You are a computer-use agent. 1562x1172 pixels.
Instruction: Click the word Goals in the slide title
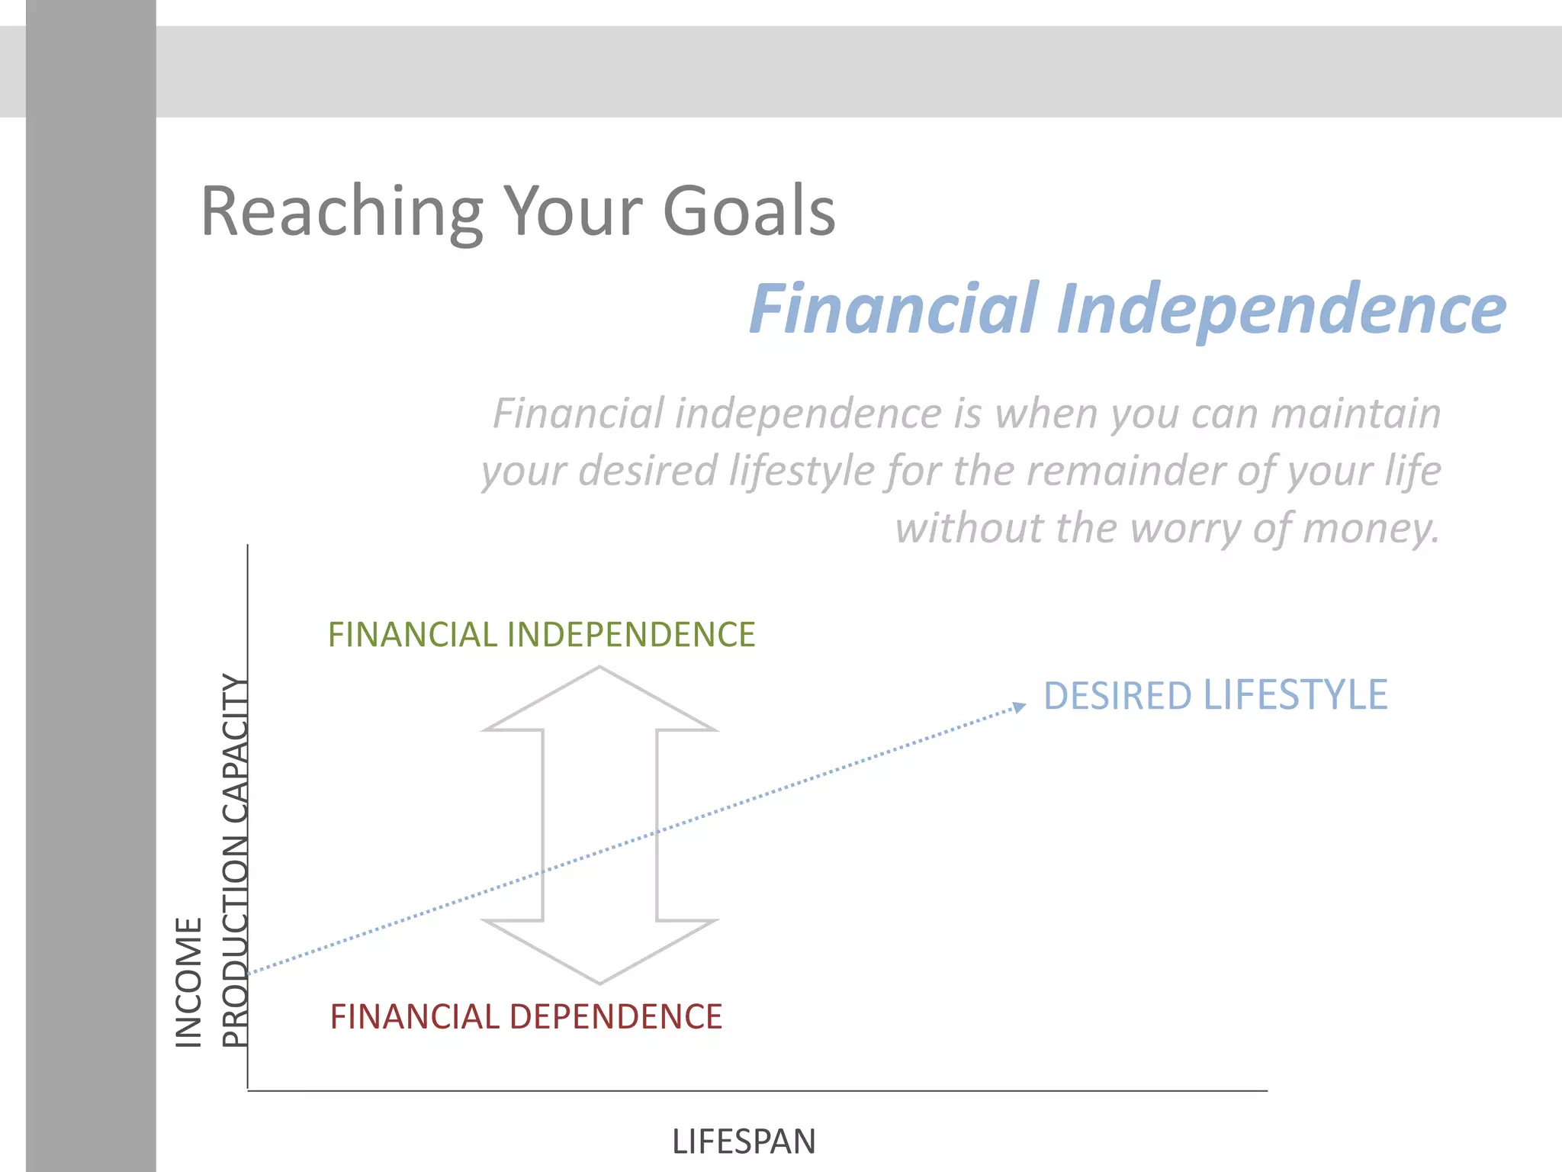point(749,211)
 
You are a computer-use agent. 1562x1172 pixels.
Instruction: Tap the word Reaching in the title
point(341,211)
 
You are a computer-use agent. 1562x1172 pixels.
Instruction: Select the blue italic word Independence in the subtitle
point(1281,308)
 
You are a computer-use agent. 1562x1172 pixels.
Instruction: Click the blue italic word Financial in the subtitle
point(894,308)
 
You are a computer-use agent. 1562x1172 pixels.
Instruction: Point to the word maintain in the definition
point(1355,414)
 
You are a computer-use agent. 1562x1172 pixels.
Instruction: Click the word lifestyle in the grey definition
point(801,471)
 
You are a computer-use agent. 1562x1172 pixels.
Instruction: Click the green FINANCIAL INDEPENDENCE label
point(541,635)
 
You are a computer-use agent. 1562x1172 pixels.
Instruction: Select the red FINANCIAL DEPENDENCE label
point(525,1017)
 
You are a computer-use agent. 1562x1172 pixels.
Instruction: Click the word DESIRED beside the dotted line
point(1117,696)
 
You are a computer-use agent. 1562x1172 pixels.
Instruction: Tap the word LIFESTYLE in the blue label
point(1295,695)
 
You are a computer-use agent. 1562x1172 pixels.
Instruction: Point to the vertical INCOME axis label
point(189,982)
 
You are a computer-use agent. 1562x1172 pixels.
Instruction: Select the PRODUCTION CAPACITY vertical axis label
point(235,861)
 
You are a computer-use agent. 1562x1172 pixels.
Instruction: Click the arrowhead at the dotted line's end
point(1020,707)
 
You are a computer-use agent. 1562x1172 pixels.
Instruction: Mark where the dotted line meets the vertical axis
point(249,973)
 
